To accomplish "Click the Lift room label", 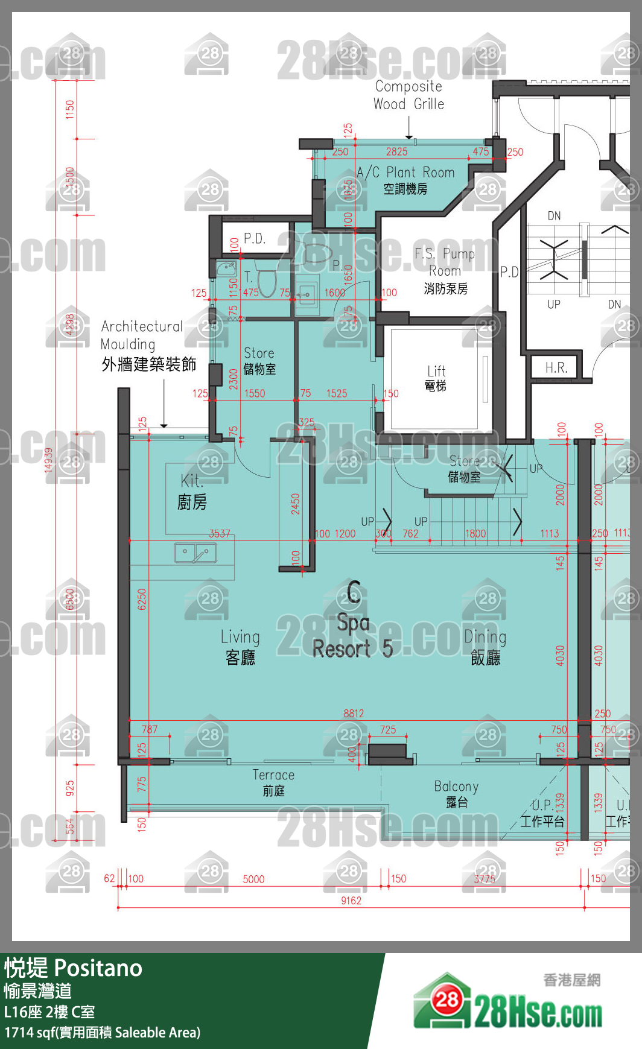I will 436,378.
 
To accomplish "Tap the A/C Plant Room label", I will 405,180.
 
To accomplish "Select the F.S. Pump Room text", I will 445,271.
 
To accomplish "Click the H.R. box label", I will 556,368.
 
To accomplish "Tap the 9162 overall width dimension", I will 351,901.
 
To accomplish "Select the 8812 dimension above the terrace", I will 354,713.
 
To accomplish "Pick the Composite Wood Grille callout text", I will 408,95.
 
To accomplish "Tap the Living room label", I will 240,646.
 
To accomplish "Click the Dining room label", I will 485,646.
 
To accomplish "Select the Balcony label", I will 456,793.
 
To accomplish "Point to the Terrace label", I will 273,782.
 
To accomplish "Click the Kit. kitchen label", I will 192,491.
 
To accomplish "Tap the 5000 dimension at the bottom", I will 253,879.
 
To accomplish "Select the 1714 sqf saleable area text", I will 102,1033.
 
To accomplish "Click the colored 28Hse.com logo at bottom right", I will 508,1004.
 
